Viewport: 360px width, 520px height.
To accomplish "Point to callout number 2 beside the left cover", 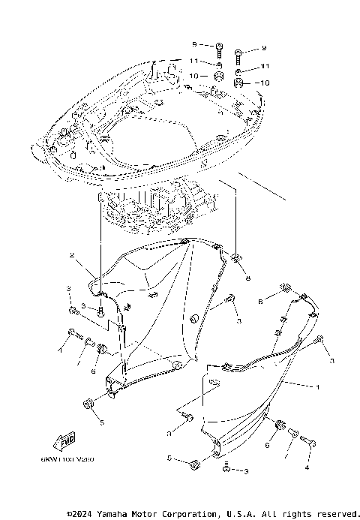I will (x=72, y=256).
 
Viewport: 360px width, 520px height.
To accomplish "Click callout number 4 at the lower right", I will (x=307, y=467).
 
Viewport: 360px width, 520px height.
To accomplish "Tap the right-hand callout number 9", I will (x=264, y=49).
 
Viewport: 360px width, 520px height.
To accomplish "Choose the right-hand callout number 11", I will (x=264, y=66).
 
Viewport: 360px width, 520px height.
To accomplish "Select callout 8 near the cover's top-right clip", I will (x=247, y=277).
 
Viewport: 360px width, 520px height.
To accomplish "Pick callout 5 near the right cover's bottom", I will (x=169, y=458).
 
